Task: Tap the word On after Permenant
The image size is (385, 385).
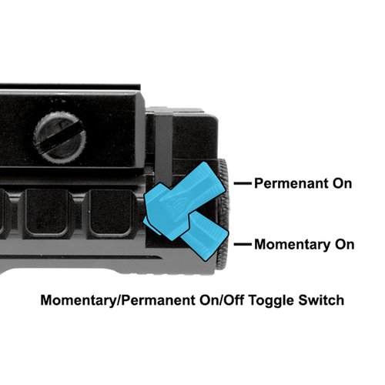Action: (x=342, y=183)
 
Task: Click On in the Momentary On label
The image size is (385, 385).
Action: (x=345, y=244)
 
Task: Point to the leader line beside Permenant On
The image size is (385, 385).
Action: (x=243, y=183)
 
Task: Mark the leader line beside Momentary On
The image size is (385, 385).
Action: (x=243, y=244)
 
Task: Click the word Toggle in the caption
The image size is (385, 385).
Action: (x=271, y=301)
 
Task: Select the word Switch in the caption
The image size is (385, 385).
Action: (x=321, y=300)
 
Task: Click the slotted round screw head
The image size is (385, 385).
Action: (x=60, y=139)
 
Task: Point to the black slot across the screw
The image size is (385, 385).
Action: (x=60, y=139)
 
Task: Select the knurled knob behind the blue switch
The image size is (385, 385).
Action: (x=223, y=214)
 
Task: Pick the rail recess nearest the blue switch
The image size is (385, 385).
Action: (x=111, y=213)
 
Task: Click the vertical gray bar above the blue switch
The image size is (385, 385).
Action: (x=163, y=145)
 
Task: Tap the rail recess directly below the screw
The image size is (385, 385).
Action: (x=47, y=213)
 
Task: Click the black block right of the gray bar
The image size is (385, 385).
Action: (x=195, y=137)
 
